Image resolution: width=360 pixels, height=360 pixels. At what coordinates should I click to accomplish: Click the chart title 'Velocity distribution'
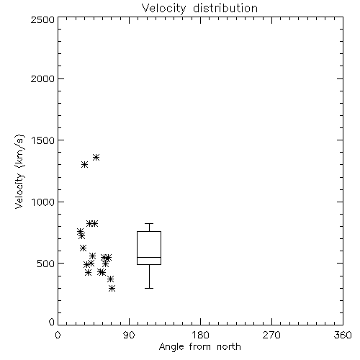199,8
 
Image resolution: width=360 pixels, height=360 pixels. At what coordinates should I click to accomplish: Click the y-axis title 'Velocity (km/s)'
19,171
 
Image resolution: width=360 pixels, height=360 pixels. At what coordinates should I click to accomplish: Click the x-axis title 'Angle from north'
199,347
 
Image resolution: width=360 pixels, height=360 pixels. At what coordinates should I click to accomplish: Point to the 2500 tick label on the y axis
42,20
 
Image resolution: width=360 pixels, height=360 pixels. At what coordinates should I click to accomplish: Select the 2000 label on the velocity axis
42,78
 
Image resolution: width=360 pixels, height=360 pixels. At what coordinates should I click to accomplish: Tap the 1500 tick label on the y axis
43,140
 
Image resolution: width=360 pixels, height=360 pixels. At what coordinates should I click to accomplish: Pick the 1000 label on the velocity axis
43,202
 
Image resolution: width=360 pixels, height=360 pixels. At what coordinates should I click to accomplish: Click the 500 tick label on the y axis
46,264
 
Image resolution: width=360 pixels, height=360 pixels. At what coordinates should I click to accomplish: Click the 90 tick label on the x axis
129,335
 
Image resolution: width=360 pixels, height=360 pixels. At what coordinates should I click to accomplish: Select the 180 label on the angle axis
200,335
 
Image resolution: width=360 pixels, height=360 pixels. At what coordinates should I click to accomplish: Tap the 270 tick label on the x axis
271,335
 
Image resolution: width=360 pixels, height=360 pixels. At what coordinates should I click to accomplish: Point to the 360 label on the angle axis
343,335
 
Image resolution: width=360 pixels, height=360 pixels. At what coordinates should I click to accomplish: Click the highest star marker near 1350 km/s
96,158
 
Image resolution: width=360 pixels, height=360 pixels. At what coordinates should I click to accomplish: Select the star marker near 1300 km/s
84,165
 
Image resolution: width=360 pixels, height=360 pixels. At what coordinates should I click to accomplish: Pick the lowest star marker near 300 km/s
112,288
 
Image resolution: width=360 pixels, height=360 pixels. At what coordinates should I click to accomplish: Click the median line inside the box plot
149,257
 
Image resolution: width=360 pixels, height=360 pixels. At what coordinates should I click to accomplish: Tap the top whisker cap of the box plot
149,224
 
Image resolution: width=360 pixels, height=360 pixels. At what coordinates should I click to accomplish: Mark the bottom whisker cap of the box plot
149,288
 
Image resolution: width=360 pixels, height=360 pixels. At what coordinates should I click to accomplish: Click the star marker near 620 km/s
83,248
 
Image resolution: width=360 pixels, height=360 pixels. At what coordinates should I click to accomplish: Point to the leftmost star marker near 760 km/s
80,232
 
